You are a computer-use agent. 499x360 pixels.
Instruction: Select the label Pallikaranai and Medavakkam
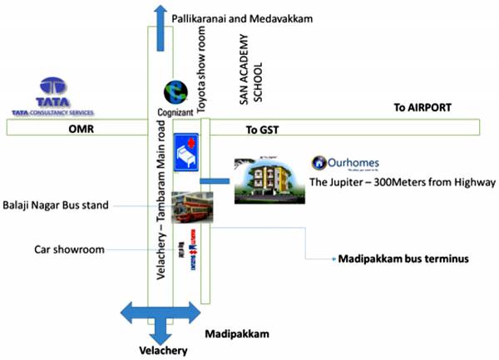point(241,17)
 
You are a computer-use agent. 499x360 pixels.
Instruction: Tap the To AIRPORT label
point(422,108)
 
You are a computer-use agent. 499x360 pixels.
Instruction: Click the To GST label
point(264,131)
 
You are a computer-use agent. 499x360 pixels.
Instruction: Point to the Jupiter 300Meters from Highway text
point(402,181)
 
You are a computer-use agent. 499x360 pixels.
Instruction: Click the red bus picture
point(191,207)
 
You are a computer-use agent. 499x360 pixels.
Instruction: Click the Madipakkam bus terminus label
point(403,259)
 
